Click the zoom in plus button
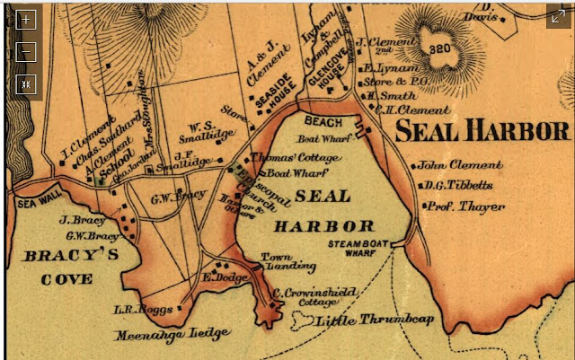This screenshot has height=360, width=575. (26, 19)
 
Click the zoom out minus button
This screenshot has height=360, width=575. (26, 51)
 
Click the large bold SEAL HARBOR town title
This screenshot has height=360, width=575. (482, 131)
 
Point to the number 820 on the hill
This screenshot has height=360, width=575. (440, 48)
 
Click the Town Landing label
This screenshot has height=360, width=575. (275, 262)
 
